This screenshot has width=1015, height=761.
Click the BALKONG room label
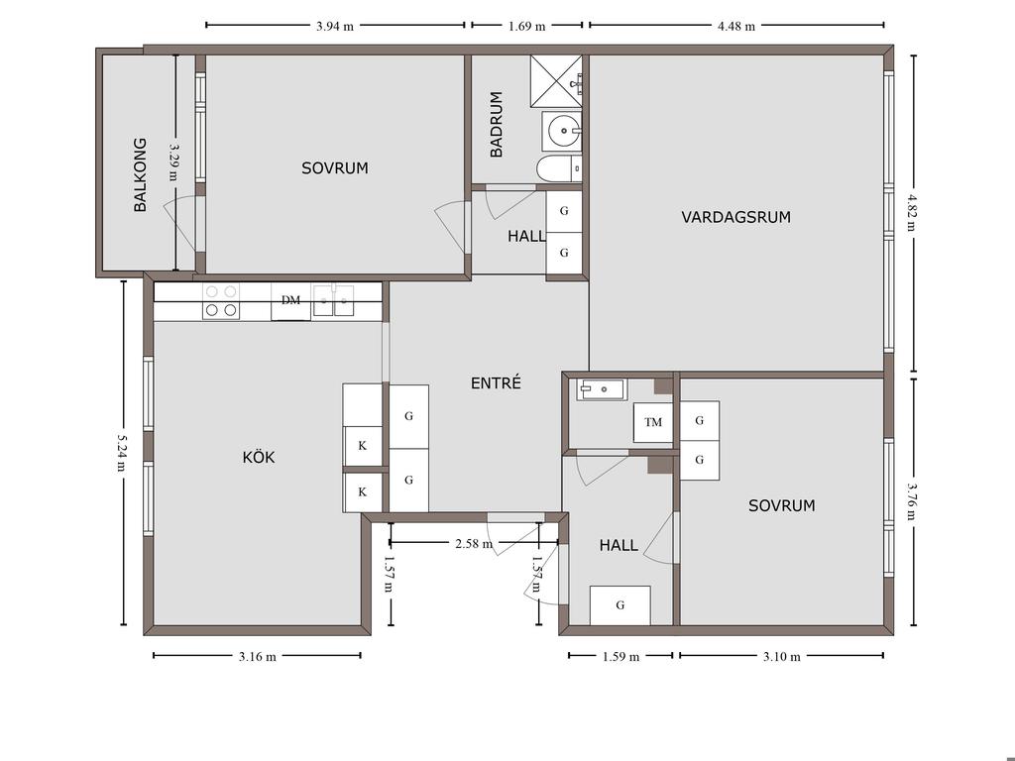point(140,174)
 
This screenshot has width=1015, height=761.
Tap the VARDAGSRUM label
point(736,217)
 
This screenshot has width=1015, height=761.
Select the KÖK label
point(259,458)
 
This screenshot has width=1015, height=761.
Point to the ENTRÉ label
point(496,383)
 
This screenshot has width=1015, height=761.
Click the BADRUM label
point(497,124)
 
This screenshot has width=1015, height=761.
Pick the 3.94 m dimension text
point(335,27)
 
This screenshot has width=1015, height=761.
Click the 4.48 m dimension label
point(736,27)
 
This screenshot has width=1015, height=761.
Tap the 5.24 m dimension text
point(121,452)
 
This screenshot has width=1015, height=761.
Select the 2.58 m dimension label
point(474,544)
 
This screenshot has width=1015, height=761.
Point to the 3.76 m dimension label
point(912,501)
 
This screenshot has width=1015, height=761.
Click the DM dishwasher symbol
point(290,301)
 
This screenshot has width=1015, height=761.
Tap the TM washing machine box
point(653,422)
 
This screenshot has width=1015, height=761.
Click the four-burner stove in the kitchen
point(221,301)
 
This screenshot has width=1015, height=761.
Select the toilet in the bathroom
point(559,168)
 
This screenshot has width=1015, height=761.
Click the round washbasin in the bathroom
point(562,130)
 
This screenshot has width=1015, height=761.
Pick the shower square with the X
point(556,81)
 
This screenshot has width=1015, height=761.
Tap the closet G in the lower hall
point(620,605)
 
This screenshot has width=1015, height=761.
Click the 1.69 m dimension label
point(527,27)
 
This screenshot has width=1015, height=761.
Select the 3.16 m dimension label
point(257,657)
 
